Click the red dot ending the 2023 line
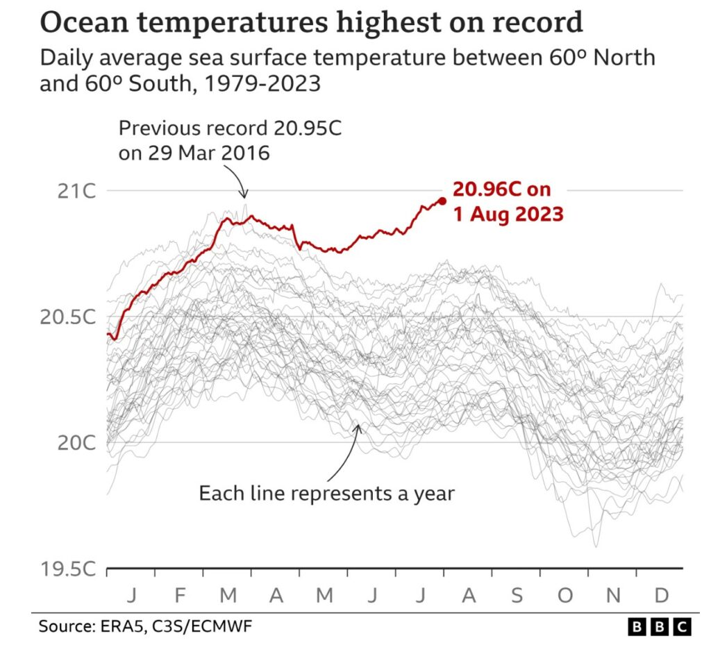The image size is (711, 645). tap(442, 201)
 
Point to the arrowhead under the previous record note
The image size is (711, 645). tap(244, 196)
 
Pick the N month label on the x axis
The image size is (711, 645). tap(612, 595)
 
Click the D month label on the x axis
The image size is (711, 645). tap(661, 595)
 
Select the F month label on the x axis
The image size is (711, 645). tap(179, 595)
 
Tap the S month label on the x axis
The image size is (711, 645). tap(516, 595)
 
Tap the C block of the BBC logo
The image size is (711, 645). tap(682, 627)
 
